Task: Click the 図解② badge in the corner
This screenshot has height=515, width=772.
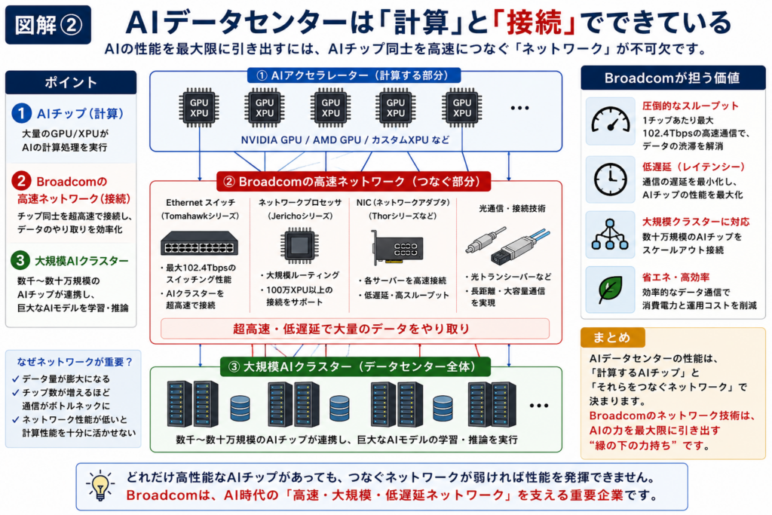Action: pyautogui.click(x=47, y=25)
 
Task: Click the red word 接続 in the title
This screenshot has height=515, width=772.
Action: pyautogui.click(x=534, y=22)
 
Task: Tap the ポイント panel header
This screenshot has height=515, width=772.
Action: pyautogui.click(x=71, y=82)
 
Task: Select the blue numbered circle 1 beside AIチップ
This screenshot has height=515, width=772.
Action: pyautogui.click(x=21, y=113)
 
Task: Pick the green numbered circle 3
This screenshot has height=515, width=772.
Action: pyautogui.click(x=20, y=260)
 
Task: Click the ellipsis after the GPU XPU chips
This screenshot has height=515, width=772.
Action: pyautogui.click(x=519, y=108)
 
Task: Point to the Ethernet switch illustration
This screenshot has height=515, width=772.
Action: pyautogui.click(x=199, y=244)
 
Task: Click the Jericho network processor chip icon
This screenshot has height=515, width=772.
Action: pyautogui.click(x=299, y=245)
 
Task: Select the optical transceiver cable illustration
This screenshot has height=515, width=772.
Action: pyautogui.click(x=508, y=245)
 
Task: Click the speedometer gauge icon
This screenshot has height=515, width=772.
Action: pyautogui.click(x=611, y=121)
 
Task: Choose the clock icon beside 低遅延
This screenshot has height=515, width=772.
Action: pyautogui.click(x=611, y=179)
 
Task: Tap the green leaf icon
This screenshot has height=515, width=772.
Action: pyautogui.click(x=610, y=290)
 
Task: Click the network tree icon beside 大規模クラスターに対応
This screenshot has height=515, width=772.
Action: pyautogui.click(x=610, y=235)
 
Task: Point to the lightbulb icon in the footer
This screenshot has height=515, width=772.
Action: pyautogui.click(x=100, y=486)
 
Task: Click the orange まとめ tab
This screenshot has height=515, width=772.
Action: pyautogui.click(x=612, y=337)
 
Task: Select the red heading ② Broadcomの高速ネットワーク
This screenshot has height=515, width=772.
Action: pyautogui.click(x=354, y=181)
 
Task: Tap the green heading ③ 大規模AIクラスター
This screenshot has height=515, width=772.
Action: pyautogui.click(x=355, y=366)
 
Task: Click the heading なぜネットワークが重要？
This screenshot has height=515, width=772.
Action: pyautogui.click(x=75, y=362)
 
